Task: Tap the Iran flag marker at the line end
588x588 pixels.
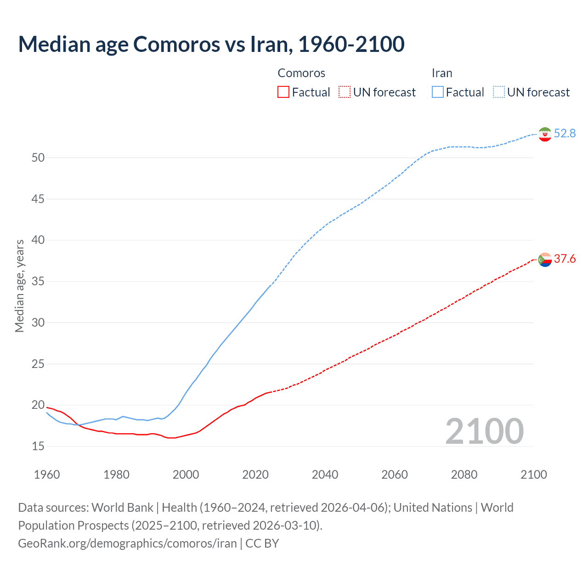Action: point(545,134)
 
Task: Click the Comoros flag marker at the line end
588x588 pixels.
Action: point(545,260)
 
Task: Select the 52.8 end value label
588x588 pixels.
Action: point(565,133)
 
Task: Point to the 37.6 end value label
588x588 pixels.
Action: point(565,259)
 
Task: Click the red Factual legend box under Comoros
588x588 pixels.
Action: point(283,92)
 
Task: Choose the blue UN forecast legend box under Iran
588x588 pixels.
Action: point(499,92)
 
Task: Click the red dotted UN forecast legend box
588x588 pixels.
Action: point(345,92)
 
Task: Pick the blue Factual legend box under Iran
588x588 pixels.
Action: point(437,92)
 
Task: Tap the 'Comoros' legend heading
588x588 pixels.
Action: point(301,73)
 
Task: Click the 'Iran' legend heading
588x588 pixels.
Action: point(442,73)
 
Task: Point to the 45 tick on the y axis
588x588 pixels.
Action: point(38,199)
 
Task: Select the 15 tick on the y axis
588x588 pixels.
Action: point(38,446)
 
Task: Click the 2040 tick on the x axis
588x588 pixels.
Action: point(325,475)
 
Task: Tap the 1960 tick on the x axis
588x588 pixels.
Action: point(47,475)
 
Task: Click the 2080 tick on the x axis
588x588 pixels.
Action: point(464,475)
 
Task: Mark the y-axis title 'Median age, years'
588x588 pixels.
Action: point(19,286)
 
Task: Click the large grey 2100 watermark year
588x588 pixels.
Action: point(484,431)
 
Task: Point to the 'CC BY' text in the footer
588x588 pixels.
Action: point(262,543)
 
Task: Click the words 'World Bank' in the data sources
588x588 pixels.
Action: point(122,508)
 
